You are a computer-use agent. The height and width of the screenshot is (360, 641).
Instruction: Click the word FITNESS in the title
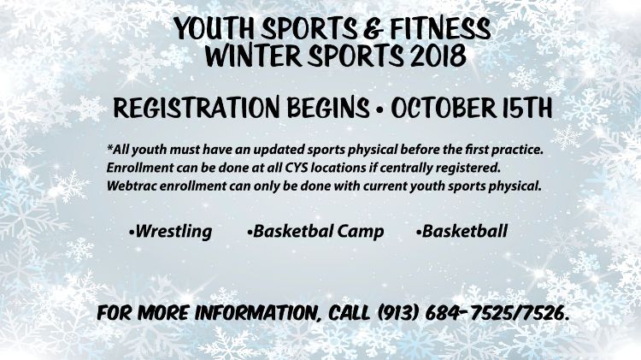pos(440,28)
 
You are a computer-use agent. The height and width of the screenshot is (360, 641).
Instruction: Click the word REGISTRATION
pos(197,108)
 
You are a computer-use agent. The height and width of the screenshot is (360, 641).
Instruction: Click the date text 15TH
pos(527,108)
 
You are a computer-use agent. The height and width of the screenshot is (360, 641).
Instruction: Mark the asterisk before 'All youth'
pos(109,146)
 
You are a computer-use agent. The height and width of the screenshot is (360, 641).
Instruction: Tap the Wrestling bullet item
pos(170,232)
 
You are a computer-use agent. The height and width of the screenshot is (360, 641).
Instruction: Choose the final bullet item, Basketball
pos(462,231)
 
